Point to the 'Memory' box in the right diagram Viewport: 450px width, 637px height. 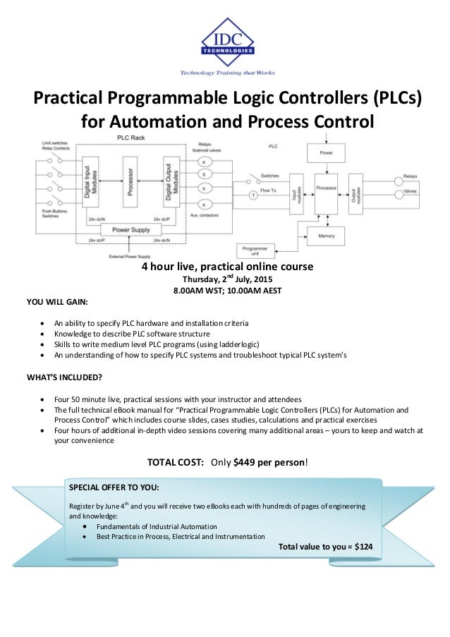coord(326,236)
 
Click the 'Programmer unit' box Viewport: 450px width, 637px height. coord(255,251)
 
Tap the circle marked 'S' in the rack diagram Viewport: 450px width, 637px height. coord(205,174)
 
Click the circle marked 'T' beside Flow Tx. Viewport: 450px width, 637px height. coord(252,194)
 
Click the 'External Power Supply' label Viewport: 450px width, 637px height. coord(128,256)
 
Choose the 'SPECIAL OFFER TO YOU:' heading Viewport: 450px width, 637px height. coord(114,487)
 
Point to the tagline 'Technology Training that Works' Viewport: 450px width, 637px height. coord(227,73)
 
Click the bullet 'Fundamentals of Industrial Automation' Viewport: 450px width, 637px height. coord(157,526)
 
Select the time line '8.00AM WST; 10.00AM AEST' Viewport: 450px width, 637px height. coord(224,290)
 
